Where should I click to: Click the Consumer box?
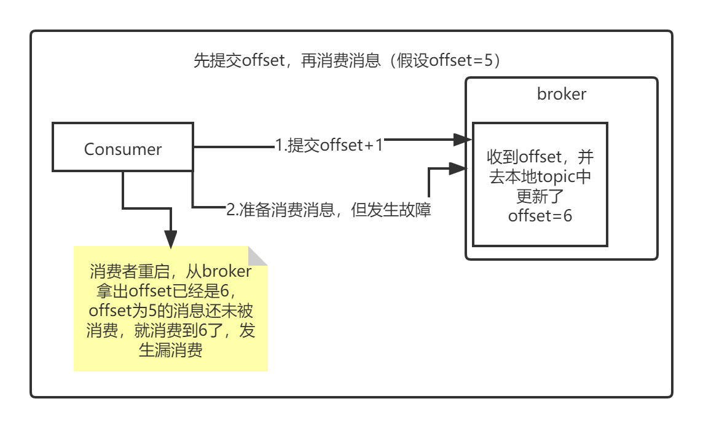123,148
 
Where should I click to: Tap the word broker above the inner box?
562,94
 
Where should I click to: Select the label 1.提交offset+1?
329,145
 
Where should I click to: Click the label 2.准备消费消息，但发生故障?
329,209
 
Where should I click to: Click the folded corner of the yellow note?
258,255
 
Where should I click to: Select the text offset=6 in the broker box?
540,216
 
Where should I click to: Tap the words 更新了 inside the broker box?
540,197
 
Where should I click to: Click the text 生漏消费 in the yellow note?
171,351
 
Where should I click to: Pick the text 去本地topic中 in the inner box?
540,176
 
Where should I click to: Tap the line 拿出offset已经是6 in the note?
163,291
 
